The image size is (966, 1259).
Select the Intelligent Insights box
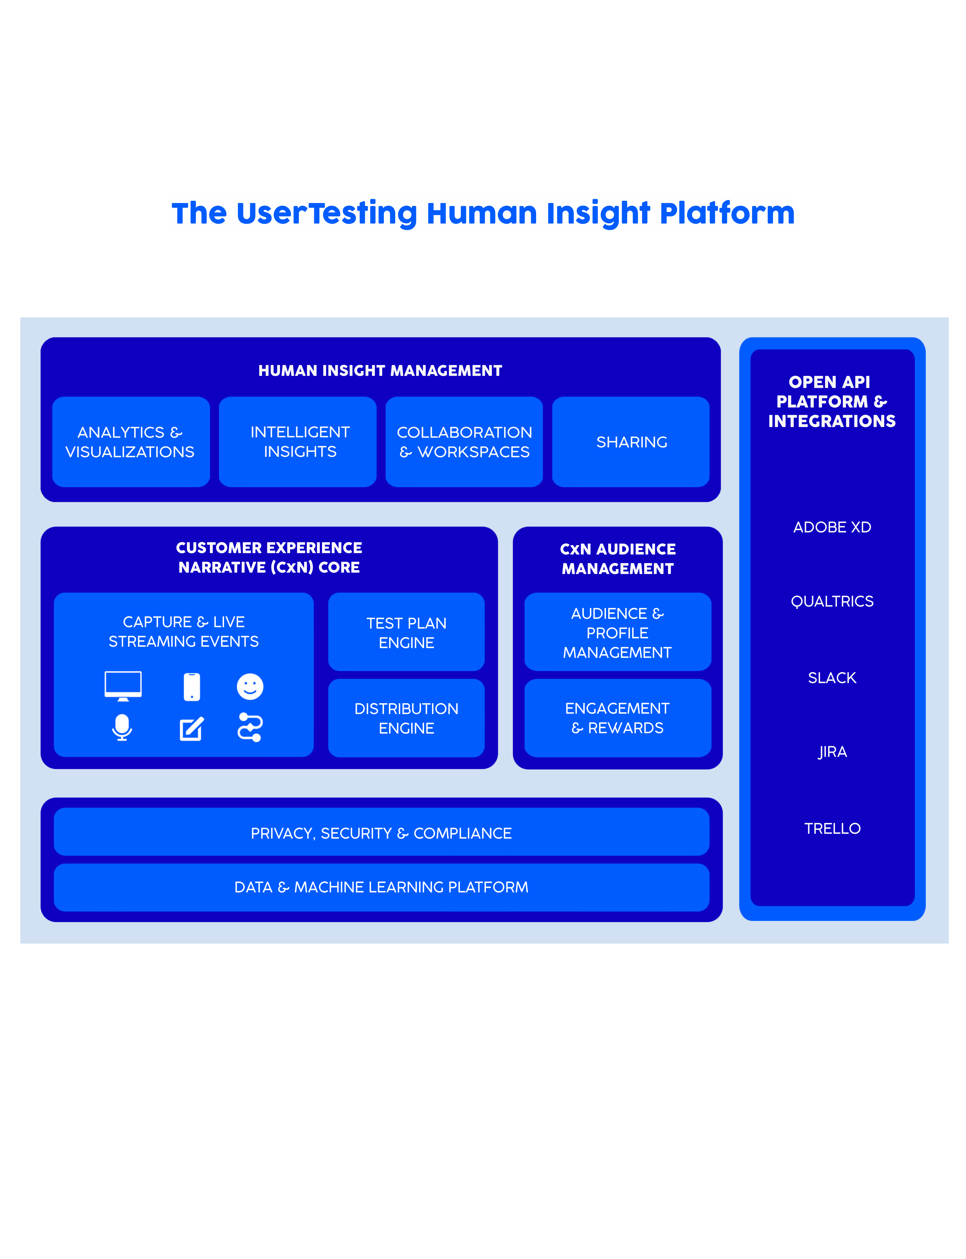coord(298,442)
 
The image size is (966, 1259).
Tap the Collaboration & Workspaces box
coord(464,442)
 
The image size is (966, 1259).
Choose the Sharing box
coord(631,442)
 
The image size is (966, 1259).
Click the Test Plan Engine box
coord(407,631)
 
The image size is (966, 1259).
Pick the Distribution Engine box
coord(407,718)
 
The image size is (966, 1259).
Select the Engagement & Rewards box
coord(617,718)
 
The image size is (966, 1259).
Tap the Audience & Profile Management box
coord(617,631)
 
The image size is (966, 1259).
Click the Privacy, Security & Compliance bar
coord(381,832)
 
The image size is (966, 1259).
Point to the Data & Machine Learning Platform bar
coord(381,887)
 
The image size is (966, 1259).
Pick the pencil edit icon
coord(191,729)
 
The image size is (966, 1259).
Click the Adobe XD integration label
coord(832,527)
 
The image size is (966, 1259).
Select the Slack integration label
coord(832,678)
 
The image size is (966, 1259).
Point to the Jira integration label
coord(832,752)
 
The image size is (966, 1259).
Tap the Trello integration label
coord(832,828)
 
